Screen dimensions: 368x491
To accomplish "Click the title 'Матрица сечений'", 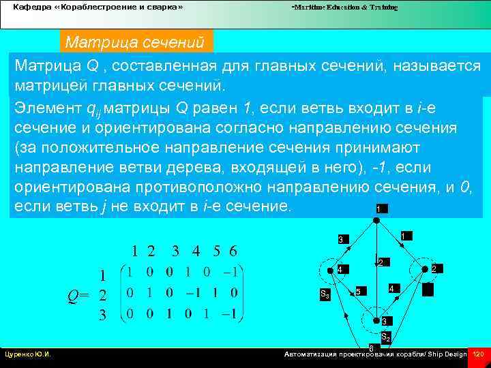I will pyautogui.click(x=134, y=43).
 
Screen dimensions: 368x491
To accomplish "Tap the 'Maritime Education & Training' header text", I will pyautogui.click(x=344, y=7).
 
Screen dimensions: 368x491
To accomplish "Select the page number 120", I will pyautogui.click(x=477, y=354).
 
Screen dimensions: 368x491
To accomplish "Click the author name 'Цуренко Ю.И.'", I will pyautogui.click(x=30, y=354).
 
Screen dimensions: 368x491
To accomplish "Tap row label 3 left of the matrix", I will pyautogui.click(x=102, y=315).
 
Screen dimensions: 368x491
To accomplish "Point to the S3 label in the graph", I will pyautogui.click(x=325, y=295).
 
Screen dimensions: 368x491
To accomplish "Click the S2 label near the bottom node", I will pyautogui.click(x=385, y=336).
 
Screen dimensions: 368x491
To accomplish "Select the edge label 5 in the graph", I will pyautogui.click(x=358, y=292).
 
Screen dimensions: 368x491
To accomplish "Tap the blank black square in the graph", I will pyautogui.click(x=428, y=290).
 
